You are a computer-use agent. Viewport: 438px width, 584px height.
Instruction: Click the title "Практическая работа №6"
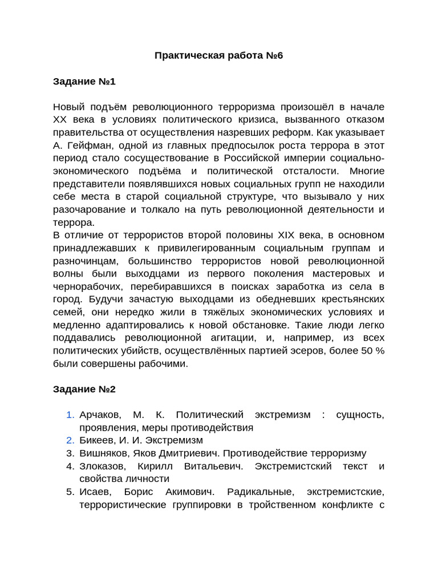coord(219,55)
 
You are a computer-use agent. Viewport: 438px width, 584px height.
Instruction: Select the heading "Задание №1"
coord(84,82)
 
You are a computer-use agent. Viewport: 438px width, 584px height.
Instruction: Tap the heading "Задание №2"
coord(84,389)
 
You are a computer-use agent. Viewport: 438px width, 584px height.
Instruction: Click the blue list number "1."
coord(70,415)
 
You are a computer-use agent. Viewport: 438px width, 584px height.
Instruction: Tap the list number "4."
coord(70,466)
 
